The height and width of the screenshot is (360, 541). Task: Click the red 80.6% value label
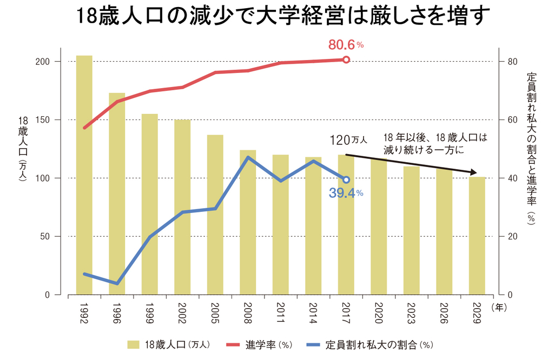pyautogui.click(x=346, y=45)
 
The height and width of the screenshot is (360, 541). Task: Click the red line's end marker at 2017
pyautogui.click(x=346, y=59)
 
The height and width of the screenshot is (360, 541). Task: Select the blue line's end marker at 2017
pyautogui.click(x=346, y=179)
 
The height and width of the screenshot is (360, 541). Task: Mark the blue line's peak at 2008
pyautogui.click(x=248, y=157)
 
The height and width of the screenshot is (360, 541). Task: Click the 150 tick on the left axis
pyautogui.click(x=43, y=120)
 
